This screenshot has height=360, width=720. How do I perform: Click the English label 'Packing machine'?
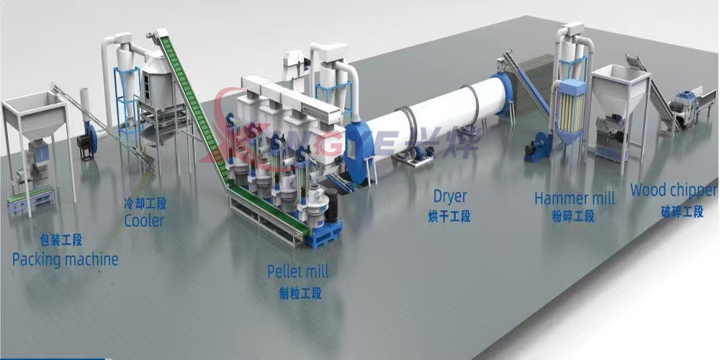click(x=65, y=259)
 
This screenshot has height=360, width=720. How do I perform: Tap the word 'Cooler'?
click(x=144, y=220)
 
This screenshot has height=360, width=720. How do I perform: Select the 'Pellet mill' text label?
click(x=297, y=271)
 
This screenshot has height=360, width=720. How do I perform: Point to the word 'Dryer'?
click(x=450, y=196)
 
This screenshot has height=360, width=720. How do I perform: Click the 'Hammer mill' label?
click(x=575, y=198)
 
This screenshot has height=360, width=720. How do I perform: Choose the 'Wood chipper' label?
click(x=673, y=191)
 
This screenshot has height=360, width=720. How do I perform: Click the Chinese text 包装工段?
click(x=62, y=239)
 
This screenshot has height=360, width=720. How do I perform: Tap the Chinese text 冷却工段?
click(x=144, y=204)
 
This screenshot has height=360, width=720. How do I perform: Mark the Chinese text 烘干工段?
click(x=451, y=215)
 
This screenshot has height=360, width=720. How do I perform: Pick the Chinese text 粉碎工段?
click(x=573, y=216)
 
